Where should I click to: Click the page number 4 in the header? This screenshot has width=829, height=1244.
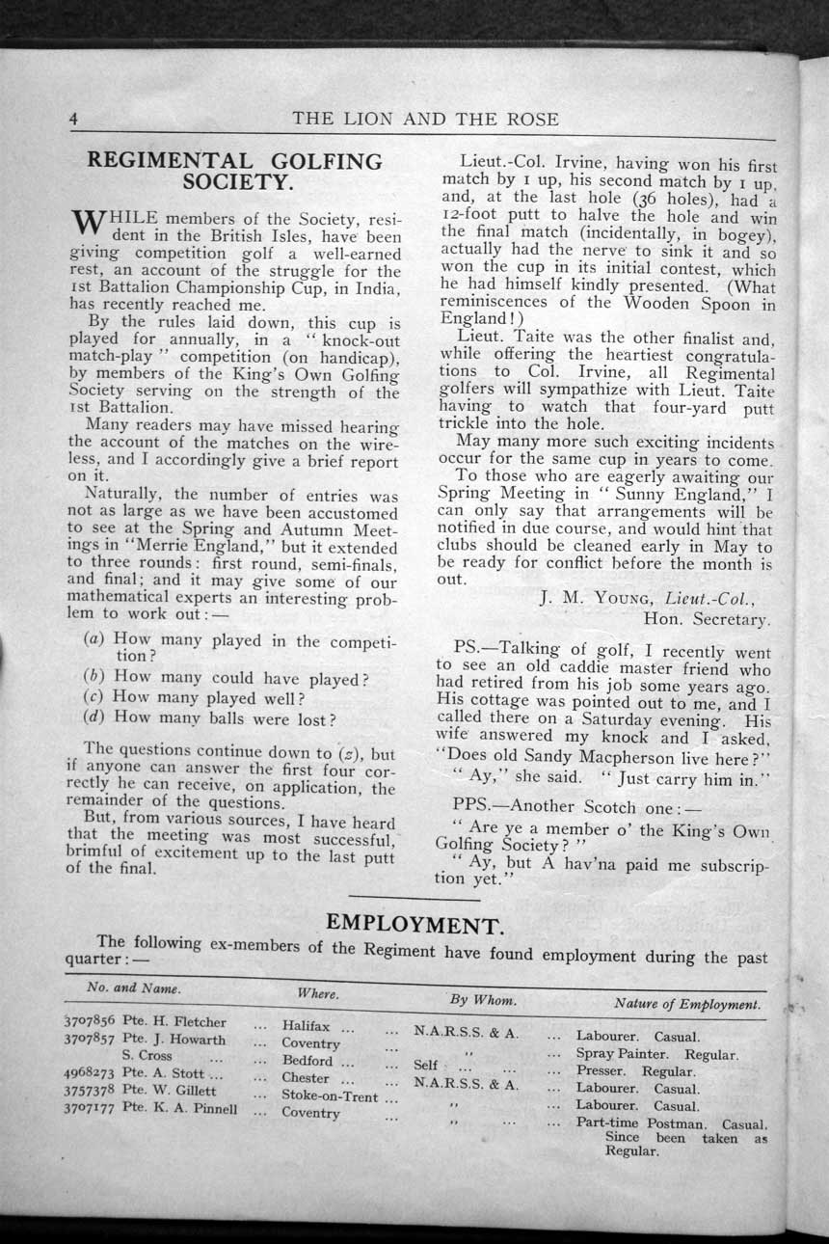[72, 120]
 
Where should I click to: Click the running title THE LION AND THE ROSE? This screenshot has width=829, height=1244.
[425, 120]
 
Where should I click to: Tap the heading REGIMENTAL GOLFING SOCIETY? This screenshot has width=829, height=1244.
[234, 172]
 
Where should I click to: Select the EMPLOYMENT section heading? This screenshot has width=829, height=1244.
[414, 924]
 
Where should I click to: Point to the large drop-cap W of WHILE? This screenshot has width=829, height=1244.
[88, 225]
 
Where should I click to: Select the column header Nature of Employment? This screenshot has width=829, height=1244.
[685, 1004]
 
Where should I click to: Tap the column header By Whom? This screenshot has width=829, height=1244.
[483, 999]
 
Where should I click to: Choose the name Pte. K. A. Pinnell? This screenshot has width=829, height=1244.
[179, 1109]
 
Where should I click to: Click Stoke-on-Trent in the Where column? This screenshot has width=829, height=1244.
[329, 1095]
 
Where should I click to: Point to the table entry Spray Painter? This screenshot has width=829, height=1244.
[622, 1054]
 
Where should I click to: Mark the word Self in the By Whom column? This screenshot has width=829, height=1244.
[425, 1066]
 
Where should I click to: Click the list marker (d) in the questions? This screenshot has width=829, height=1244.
[94, 717]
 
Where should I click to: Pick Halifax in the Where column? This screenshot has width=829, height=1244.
[307, 1026]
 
